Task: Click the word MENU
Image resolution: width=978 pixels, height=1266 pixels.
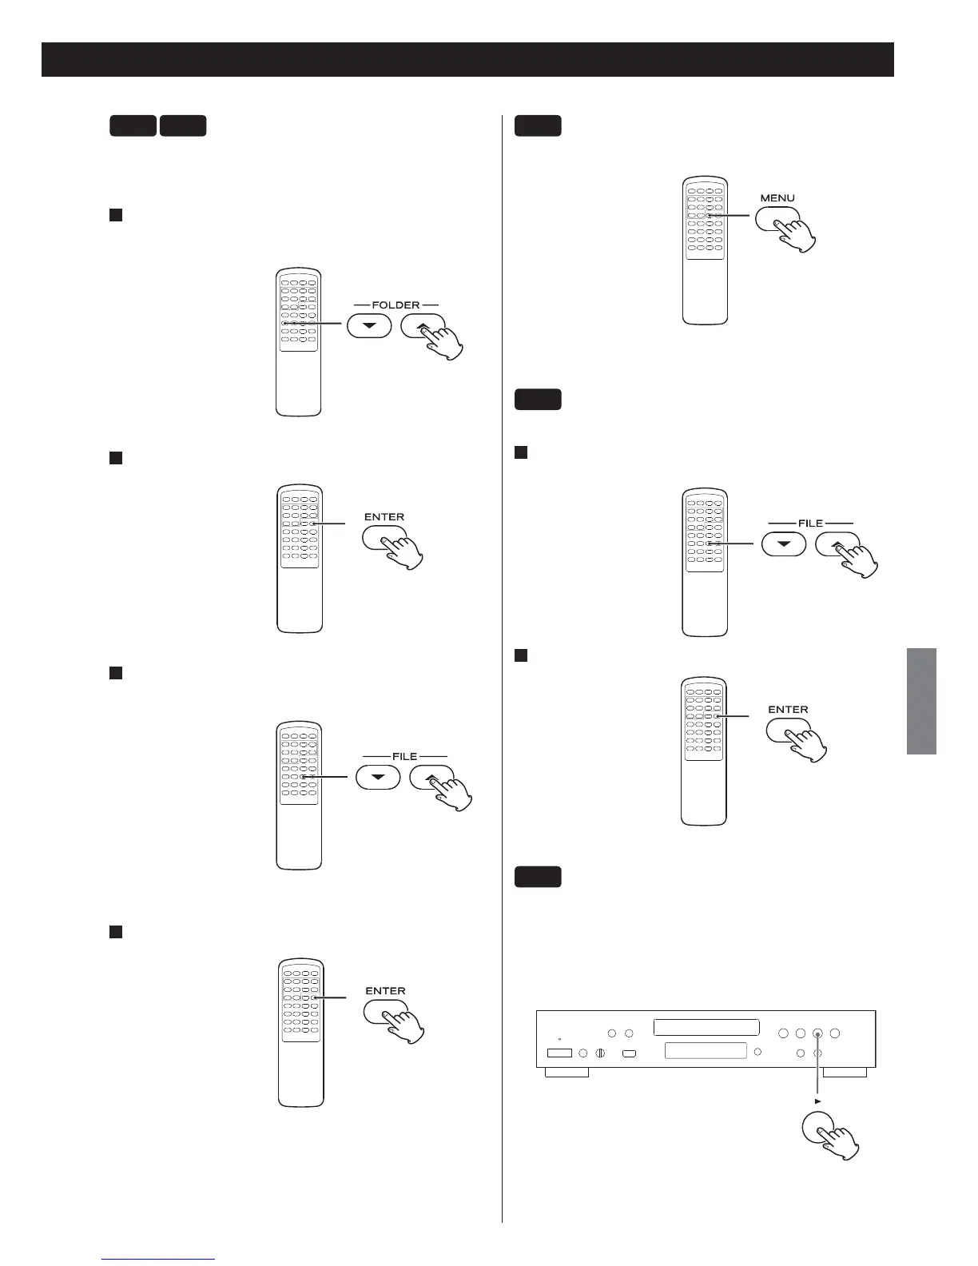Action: [x=777, y=197]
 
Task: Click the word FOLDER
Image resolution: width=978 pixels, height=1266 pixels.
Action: [x=396, y=305]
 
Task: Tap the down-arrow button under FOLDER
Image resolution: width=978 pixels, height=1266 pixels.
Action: [x=369, y=326]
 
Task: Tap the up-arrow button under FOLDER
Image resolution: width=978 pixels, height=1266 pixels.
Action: [x=422, y=325]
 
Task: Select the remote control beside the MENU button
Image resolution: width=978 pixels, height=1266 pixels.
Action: [x=705, y=250]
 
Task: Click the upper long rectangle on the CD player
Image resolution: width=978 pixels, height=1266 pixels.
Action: [x=706, y=1027]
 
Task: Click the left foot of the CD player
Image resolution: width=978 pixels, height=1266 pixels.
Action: [x=567, y=1072]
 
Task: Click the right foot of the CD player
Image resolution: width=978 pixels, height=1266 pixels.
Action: [x=845, y=1072]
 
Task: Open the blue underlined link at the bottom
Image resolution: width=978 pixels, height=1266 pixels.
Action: [x=159, y=1259]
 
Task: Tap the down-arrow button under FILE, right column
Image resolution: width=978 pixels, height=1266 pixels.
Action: [x=783, y=544]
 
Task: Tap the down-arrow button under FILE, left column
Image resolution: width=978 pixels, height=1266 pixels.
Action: [x=378, y=777]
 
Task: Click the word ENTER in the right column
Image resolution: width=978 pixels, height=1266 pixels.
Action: [x=788, y=709]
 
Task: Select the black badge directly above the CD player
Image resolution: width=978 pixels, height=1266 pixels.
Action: [x=537, y=877]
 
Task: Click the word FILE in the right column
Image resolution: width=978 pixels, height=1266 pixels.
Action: [x=810, y=523]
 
